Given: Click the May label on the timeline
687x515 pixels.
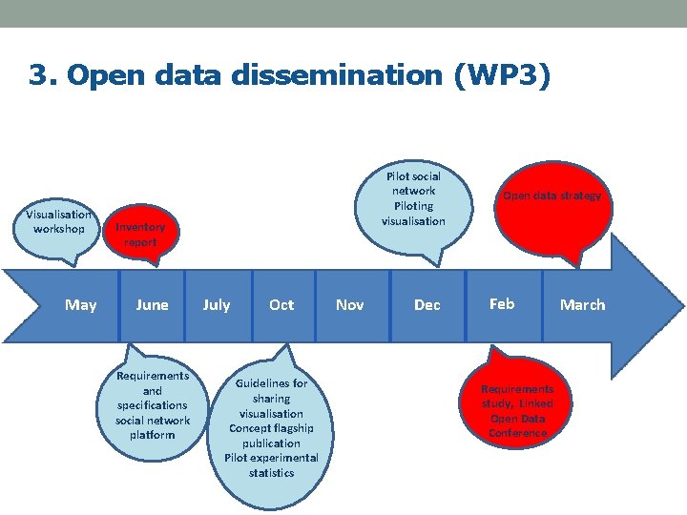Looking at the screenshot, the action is (x=80, y=305).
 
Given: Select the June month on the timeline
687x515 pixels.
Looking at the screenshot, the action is (x=152, y=305).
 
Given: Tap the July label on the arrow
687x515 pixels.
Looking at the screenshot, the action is (x=217, y=305).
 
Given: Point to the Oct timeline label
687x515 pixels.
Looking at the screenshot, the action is (x=281, y=305).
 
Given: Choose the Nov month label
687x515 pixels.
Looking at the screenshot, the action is (x=350, y=305).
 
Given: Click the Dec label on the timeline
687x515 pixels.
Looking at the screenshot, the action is (x=427, y=305).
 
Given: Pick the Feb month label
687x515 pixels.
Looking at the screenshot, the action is (x=502, y=304).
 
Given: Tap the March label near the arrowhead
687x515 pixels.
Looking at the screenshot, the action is (x=582, y=305).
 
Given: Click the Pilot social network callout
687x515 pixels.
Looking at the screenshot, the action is (x=413, y=199).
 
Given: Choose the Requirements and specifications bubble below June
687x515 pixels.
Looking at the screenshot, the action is (x=153, y=405).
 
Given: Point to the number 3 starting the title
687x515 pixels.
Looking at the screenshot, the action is (x=38, y=75).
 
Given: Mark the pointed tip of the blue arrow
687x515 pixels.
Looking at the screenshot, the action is (x=683, y=304).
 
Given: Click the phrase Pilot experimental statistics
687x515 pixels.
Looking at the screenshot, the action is (x=271, y=465).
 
